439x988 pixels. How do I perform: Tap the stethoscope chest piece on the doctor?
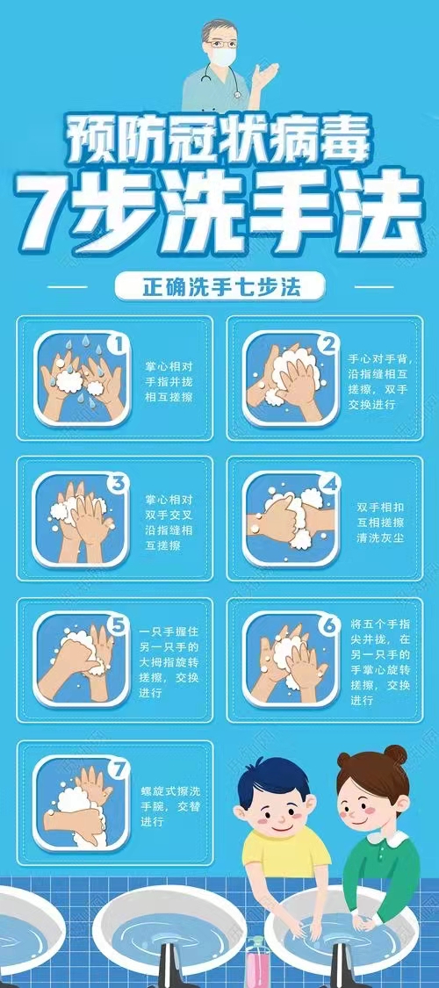pos(237,95)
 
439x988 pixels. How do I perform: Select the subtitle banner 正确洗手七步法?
pos(219,287)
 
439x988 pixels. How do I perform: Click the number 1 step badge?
pos(119,343)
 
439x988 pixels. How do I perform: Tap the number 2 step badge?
pos(327,344)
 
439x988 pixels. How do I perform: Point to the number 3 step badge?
pos(117,484)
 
